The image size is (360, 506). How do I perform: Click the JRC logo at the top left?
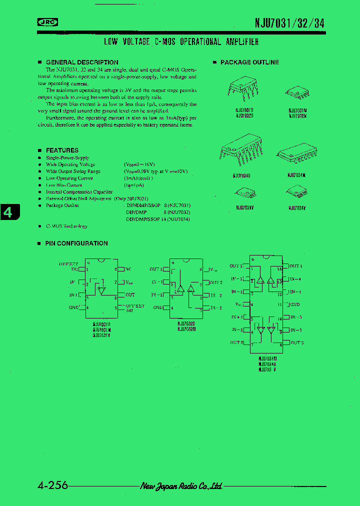[x=47, y=21]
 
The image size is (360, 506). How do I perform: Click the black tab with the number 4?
[x=8, y=212]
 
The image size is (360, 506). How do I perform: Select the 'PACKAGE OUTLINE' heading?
[x=249, y=62]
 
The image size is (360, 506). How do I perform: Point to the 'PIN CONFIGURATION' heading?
[x=76, y=243]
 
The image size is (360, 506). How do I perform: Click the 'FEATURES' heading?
[x=62, y=150]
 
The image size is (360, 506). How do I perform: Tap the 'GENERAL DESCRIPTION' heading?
[x=82, y=62]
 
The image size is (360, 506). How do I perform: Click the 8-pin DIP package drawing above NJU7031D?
[x=244, y=90]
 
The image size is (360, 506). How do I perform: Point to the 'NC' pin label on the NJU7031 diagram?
[x=128, y=269]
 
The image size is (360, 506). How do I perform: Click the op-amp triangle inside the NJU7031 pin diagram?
[x=102, y=289]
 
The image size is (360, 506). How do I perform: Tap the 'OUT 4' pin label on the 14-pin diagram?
[x=295, y=266]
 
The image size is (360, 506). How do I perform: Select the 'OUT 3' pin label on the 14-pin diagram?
[x=296, y=342]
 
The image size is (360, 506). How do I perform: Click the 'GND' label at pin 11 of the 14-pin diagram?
[x=294, y=304]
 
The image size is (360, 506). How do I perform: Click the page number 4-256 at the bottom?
[x=52, y=485]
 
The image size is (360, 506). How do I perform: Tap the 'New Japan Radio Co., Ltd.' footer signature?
[x=181, y=486]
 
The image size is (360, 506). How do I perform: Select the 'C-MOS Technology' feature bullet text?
[x=66, y=226]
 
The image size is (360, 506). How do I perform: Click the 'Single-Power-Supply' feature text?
[x=67, y=157]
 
